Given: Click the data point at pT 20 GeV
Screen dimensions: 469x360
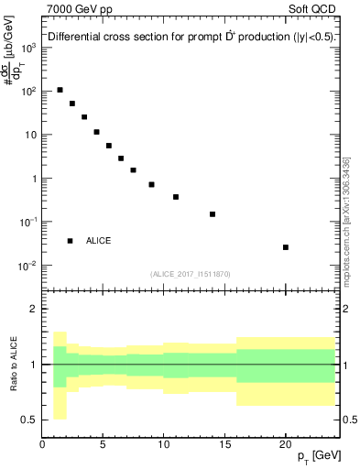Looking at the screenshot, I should (x=286, y=247).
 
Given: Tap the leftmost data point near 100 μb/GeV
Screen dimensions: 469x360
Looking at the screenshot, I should (x=60, y=90).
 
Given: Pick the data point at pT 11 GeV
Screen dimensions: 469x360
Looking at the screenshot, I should (x=176, y=197).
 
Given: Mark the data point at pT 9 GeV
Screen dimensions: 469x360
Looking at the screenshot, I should (x=152, y=184).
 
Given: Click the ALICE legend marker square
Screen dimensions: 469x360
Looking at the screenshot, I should (x=70, y=241).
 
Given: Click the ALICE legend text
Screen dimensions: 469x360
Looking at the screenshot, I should (x=98, y=241).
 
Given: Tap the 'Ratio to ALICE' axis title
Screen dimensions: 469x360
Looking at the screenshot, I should (x=14, y=364).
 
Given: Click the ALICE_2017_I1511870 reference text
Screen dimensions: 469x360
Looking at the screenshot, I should (x=191, y=274).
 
